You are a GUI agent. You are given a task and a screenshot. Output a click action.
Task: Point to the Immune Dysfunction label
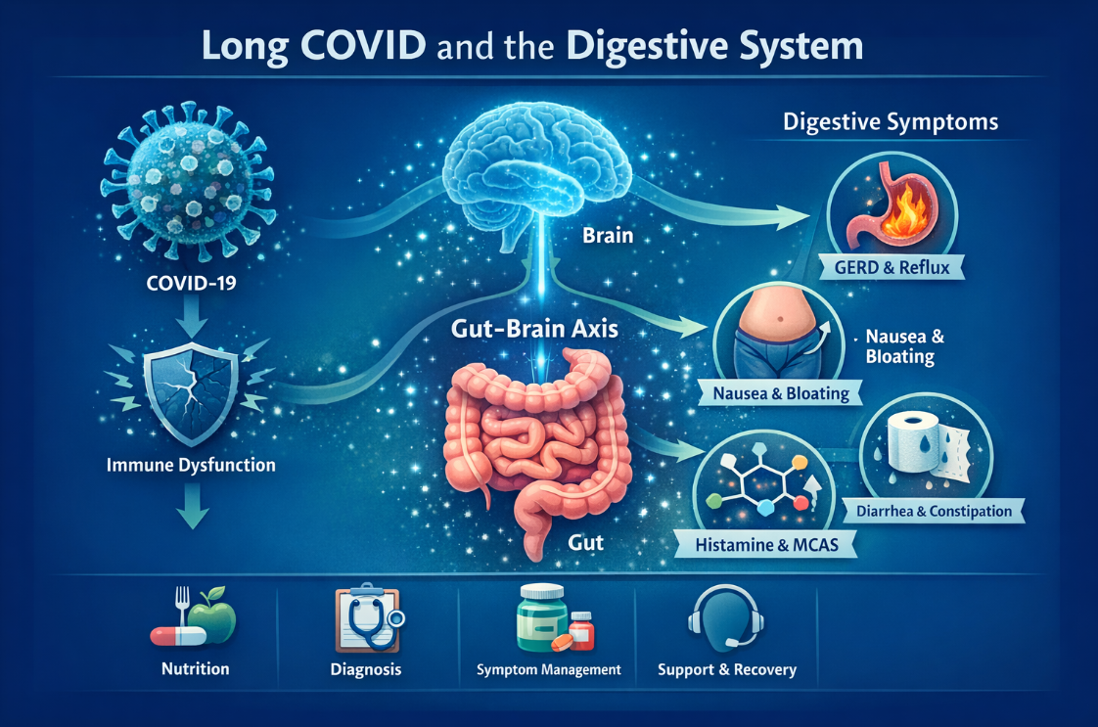tap(191, 466)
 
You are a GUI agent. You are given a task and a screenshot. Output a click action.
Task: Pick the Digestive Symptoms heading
tap(891, 123)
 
